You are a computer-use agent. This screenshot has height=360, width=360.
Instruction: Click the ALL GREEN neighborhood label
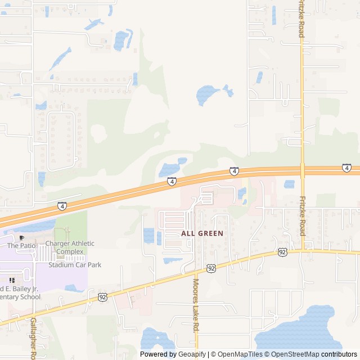pyautogui.click(x=202, y=233)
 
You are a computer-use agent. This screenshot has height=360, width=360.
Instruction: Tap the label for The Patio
pyautogui.click(x=21, y=246)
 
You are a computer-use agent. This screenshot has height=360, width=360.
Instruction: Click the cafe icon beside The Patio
pyautogui.click(x=21, y=238)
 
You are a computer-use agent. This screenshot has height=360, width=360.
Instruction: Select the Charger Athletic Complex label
pyautogui.click(x=70, y=247)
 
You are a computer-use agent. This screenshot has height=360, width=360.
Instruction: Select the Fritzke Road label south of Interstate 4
pyautogui.click(x=302, y=216)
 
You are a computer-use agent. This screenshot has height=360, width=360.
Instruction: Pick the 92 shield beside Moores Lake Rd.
pyautogui.click(x=211, y=269)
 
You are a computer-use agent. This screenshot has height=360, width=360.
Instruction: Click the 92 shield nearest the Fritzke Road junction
pyautogui.click(x=282, y=253)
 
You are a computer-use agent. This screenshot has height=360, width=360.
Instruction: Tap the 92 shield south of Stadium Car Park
pyautogui.click(x=102, y=296)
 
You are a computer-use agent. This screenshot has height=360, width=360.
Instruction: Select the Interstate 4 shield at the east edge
pyautogui.click(x=346, y=168)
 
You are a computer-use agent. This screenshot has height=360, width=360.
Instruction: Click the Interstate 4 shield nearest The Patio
pyautogui.click(x=61, y=206)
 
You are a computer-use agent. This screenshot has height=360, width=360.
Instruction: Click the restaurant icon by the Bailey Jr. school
pyautogui.click(x=11, y=280)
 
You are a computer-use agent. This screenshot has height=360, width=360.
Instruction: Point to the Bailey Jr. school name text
pyautogui.click(x=20, y=292)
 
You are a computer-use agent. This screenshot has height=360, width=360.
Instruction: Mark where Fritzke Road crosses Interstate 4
pyautogui.click(x=302, y=169)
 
